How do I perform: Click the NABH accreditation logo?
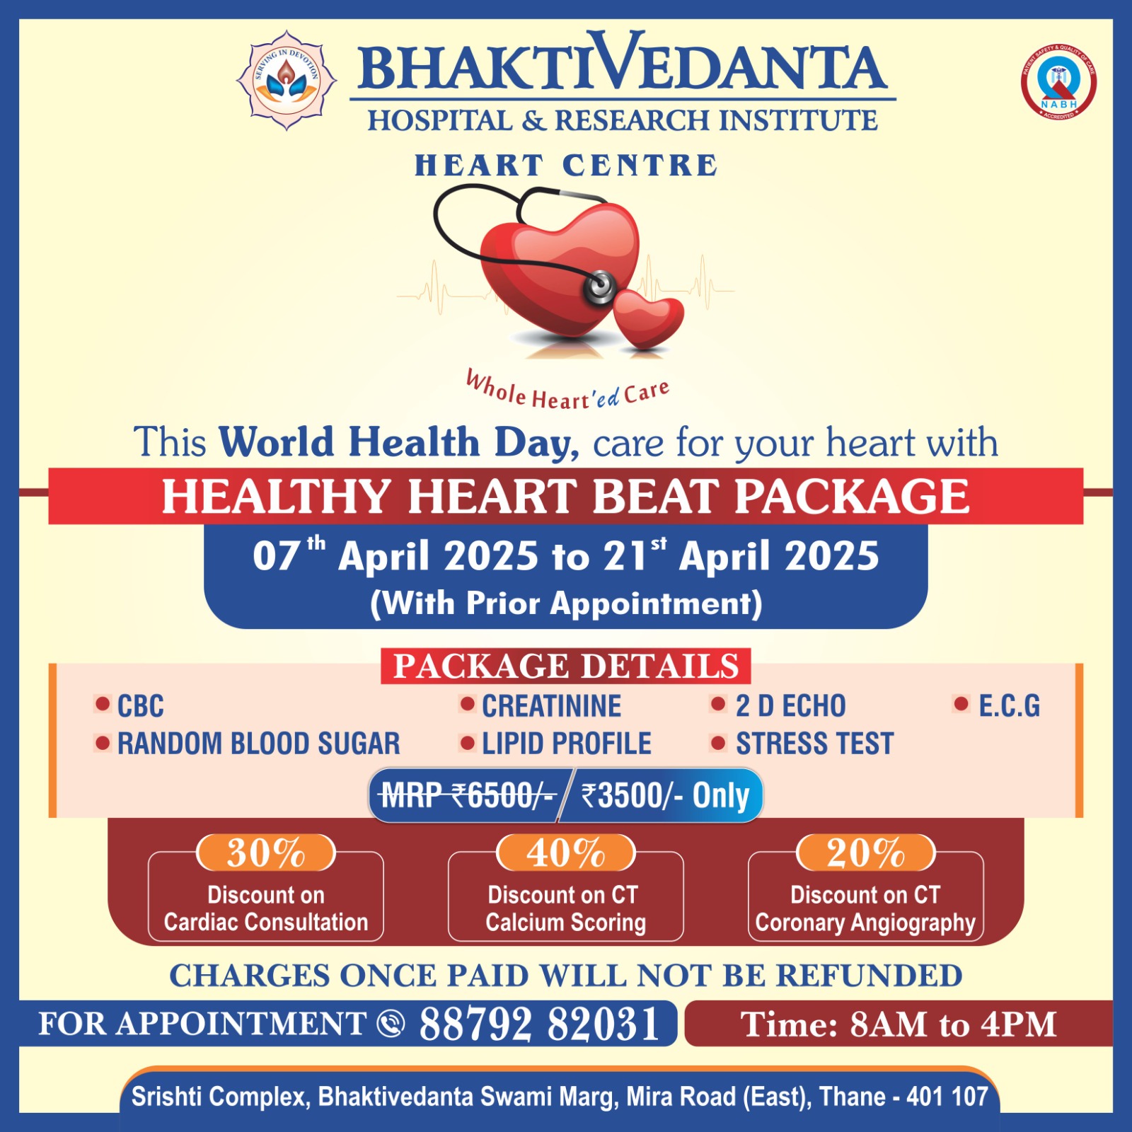click(x=1058, y=82)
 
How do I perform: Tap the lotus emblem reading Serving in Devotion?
click(x=287, y=80)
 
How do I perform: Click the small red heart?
click(x=648, y=318)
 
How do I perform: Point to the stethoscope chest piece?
click(x=600, y=287)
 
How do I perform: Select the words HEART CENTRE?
click(x=566, y=166)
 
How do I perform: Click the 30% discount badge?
click(x=266, y=853)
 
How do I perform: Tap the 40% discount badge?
click(x=566, y=853)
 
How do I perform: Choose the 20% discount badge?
click(x=866, y=853)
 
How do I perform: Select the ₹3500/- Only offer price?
click(x=665, y=796)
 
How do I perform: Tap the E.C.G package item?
click(x=1009, y=706)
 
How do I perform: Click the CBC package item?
click(x=140, y=706)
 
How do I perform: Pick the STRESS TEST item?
click(x=815, y=744)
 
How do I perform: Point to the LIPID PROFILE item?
click(x=567, y=744)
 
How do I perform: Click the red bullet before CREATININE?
click(x=467, y=704)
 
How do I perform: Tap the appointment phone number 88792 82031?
click(x=539, y=1024)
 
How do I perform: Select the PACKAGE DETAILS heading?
click(x=566, y=666)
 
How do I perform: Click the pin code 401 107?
click(x=947, y=1097)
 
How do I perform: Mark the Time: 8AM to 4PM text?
click(x=899, y=1024)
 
